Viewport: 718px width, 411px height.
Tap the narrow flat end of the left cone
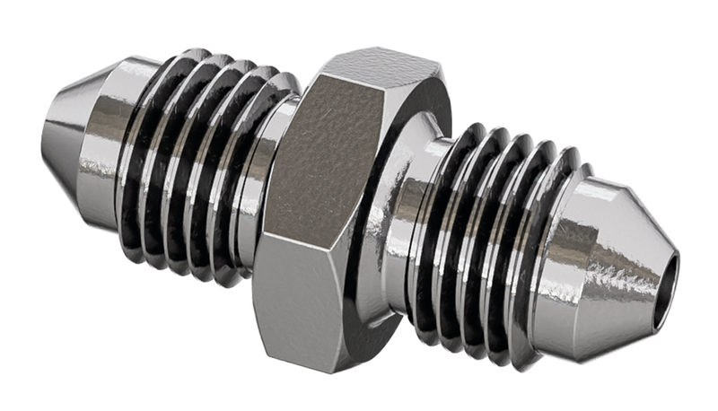[x=45, y=126]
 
